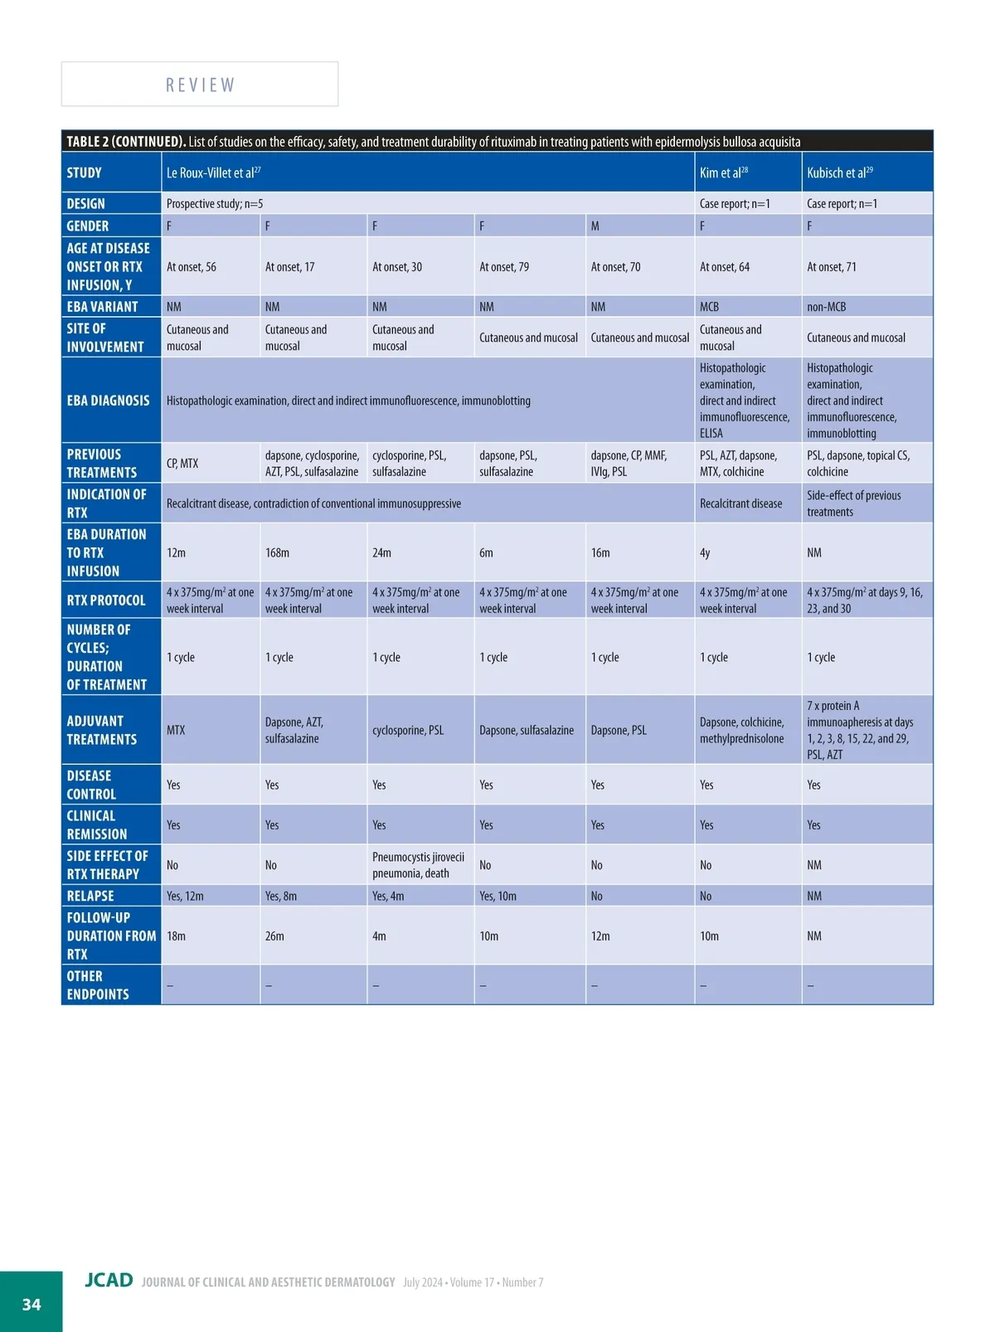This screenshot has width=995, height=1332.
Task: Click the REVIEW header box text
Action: tap(200, 85)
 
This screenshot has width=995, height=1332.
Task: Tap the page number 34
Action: tap(32, 1304)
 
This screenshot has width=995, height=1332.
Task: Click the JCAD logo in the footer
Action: tap(109, 1280)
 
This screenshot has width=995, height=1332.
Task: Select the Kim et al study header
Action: tap(723, 173)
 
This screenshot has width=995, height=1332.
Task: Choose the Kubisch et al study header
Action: tap(839, 173)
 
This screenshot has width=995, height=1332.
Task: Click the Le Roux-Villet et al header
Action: tap(213, 173)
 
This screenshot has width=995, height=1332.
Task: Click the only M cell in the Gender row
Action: tap(595, 226)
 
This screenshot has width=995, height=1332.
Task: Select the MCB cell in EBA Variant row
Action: tap(709, 307)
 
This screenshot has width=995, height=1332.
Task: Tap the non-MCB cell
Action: tap(826, 307)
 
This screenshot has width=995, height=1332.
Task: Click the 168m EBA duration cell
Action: tap(277, 552)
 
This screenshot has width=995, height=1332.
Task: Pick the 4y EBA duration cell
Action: tap(705, 552)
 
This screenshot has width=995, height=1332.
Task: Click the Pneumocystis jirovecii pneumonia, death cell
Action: tap(418, 864)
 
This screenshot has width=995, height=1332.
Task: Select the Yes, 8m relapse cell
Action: tap(281, 896)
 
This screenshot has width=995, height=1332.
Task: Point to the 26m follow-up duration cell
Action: tap(274, 936)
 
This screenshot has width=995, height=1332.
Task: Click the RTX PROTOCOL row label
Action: tap(106, 600)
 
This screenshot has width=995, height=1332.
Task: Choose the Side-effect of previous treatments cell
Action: tap(853, 503)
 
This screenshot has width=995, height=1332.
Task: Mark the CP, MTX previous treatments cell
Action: tap(182, 463)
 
